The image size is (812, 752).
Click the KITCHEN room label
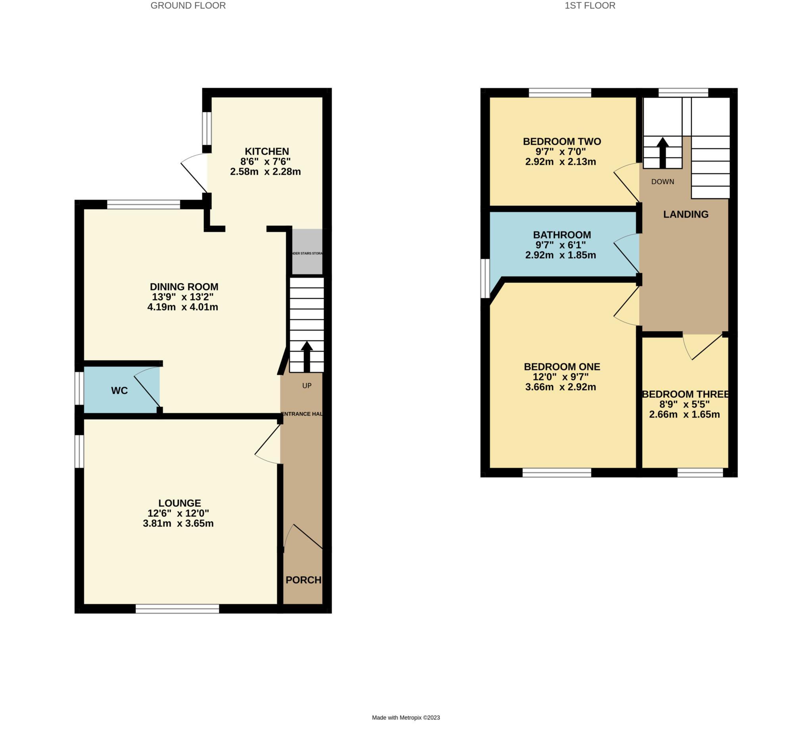[266, 152]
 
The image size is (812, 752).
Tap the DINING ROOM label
[184, 286]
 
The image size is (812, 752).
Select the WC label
[119, 391]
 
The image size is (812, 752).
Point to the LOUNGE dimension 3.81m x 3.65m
[178, 523]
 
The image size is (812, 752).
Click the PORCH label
[303, 580]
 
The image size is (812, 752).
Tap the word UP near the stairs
[307, 386]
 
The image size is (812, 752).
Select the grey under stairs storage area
[308, 252]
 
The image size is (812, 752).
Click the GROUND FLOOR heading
[188, 6]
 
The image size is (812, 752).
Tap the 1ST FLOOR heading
[590, 6]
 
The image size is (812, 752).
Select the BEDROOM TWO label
[561, 142]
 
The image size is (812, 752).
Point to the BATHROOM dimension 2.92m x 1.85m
[560, 255]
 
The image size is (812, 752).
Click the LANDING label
[686, 215]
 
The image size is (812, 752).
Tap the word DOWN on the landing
[662, 182]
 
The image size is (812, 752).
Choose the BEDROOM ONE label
[561, 366]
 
